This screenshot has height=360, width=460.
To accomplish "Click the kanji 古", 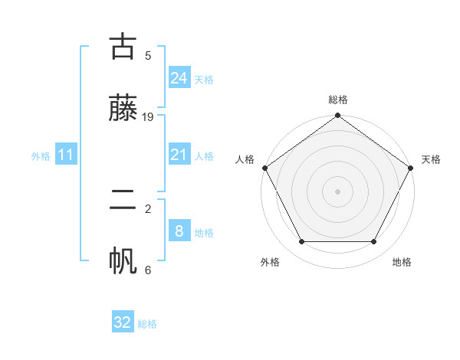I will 123,47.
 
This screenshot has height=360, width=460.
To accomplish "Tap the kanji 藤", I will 123,108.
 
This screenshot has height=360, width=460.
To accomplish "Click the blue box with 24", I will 179,77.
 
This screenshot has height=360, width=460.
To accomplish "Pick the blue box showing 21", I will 179,155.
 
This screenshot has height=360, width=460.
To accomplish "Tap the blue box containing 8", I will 179,231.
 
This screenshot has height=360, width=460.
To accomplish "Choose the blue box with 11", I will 66,155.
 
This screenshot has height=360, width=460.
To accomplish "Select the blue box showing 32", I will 123,322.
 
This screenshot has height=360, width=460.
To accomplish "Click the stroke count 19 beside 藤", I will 148,117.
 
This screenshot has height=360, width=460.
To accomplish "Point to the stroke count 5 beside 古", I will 148,56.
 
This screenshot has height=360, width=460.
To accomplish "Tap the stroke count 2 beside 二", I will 148,208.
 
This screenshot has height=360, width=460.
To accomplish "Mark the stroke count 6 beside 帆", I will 148,270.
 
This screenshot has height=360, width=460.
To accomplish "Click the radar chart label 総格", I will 338,100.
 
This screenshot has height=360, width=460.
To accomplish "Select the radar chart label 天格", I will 431,159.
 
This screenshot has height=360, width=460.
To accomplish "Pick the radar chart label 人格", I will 245,159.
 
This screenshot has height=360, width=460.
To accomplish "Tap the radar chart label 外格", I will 270,262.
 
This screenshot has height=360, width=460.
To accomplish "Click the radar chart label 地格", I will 402,262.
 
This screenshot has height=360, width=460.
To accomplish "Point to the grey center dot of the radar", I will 338,191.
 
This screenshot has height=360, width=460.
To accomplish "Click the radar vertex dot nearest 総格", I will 338,116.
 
